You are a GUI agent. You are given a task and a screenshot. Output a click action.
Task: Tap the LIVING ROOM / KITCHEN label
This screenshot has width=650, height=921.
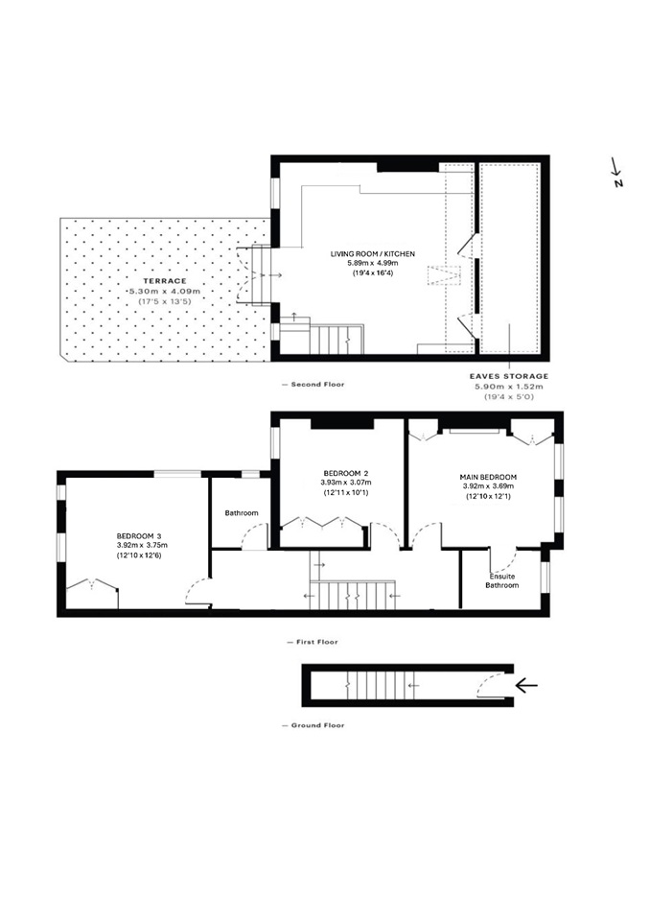[x=373, y=253]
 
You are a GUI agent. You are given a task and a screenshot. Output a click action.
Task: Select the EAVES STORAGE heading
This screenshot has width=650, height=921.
[x=508, y=376]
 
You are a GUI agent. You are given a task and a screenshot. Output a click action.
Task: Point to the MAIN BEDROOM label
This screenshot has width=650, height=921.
[x=489, y=477]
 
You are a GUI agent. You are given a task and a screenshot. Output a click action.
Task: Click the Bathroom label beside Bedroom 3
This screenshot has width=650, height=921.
[x=242, y=513]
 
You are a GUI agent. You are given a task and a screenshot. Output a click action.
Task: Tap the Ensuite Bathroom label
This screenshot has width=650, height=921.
[x=501, y=579]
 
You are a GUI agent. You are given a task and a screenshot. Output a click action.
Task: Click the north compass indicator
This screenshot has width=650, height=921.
[x=617, y=174]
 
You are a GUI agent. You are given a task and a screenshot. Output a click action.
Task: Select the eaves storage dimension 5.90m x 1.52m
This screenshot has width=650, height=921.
[x=508, y=387]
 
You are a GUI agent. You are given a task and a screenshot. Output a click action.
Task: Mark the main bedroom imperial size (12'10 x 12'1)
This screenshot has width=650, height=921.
[x=489, y=497]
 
